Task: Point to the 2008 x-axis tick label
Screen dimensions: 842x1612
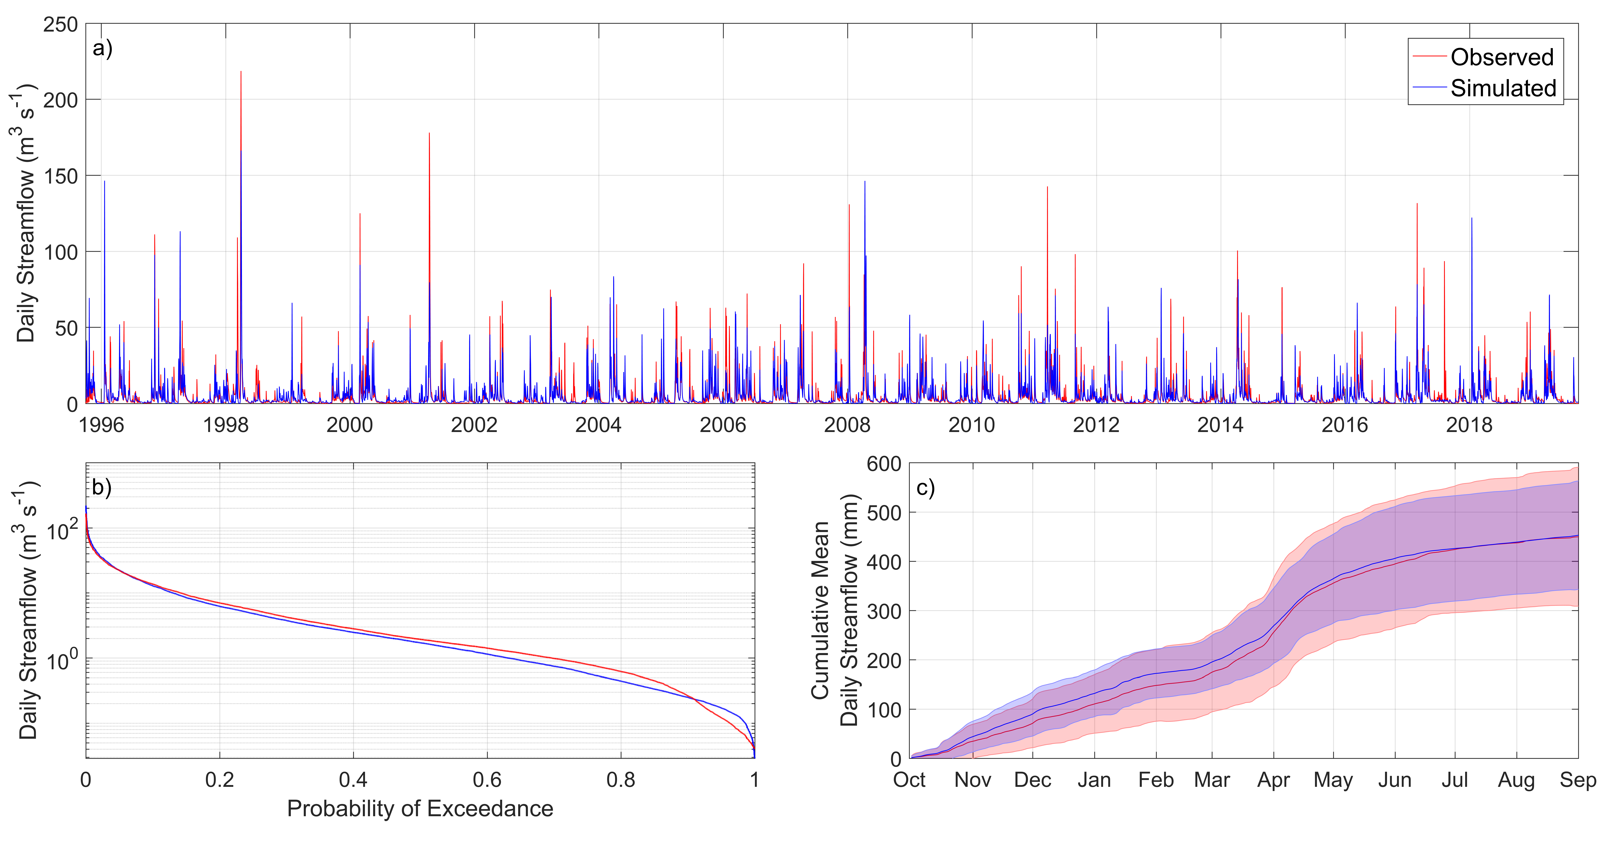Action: click(847, 425)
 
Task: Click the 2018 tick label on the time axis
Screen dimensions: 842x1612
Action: click(1469, 425)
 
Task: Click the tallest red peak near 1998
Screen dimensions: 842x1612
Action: click(241, 72)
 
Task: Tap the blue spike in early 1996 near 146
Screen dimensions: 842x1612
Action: click(104, 183)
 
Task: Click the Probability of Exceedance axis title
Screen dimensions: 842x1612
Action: click(420, 809)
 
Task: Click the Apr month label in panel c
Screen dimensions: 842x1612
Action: click(1274, 780)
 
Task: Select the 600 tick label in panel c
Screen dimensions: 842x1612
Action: click(884, 464)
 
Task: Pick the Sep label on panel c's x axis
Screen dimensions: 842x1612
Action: click(1578, 780)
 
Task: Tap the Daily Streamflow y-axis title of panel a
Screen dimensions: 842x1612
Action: click(26, 213)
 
